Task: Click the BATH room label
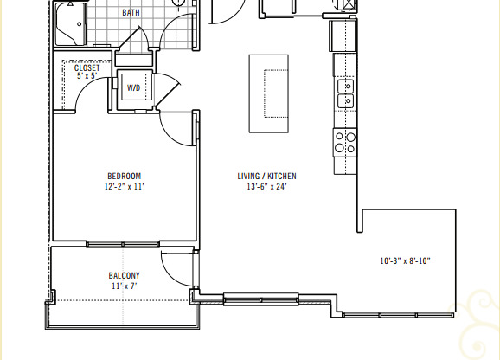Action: (131, 13)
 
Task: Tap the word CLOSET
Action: (87, 67)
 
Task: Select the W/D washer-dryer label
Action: (134, 88)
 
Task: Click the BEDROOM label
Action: (124, 176)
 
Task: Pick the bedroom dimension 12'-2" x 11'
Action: (124, 186)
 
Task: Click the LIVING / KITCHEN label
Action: (266, 176)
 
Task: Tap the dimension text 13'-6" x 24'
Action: (266, 186)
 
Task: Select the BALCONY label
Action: (124, 276)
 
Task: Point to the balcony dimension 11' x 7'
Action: (124, 286)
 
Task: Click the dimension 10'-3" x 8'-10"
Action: (406, 261)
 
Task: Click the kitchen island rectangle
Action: (268, 93)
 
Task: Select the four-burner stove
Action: (345, 142)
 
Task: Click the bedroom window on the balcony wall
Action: (123, 244)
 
